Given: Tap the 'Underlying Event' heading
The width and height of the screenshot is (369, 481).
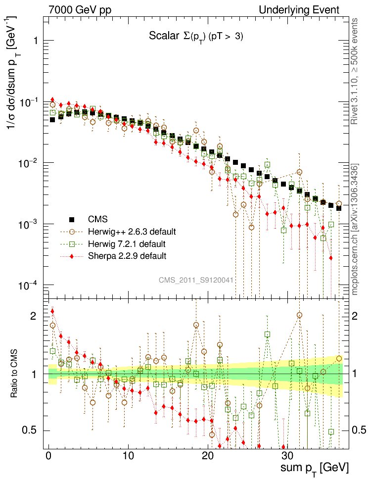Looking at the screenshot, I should pyautogui.click(x=299, y=9).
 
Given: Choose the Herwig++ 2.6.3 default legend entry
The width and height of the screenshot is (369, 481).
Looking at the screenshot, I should pyautogui.click(x=132, y=232).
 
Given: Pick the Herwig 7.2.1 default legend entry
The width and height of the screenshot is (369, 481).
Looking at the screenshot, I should pyautogui.click(x=127, y=244).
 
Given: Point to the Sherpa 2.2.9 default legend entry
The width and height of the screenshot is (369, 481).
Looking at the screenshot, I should pyautogui.click(x=127, y=256).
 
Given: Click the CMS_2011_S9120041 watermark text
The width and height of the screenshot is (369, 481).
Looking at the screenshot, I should pyautogui.click(x=196, y=280).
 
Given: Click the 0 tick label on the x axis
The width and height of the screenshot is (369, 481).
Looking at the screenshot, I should pyautogui.click(x=48, y=456).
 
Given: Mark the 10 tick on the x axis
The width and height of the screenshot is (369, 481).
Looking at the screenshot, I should pyautogui.click(x=128, y=456).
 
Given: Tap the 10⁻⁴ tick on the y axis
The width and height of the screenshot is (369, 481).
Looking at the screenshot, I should pyautogui.click(x=29, y=286).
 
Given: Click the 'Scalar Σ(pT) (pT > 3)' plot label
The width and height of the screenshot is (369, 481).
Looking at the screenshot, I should pyautogui.click(x=196, y=36).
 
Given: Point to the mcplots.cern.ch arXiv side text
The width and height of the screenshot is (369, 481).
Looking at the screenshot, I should pyautogui.click(x=355, y=230).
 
